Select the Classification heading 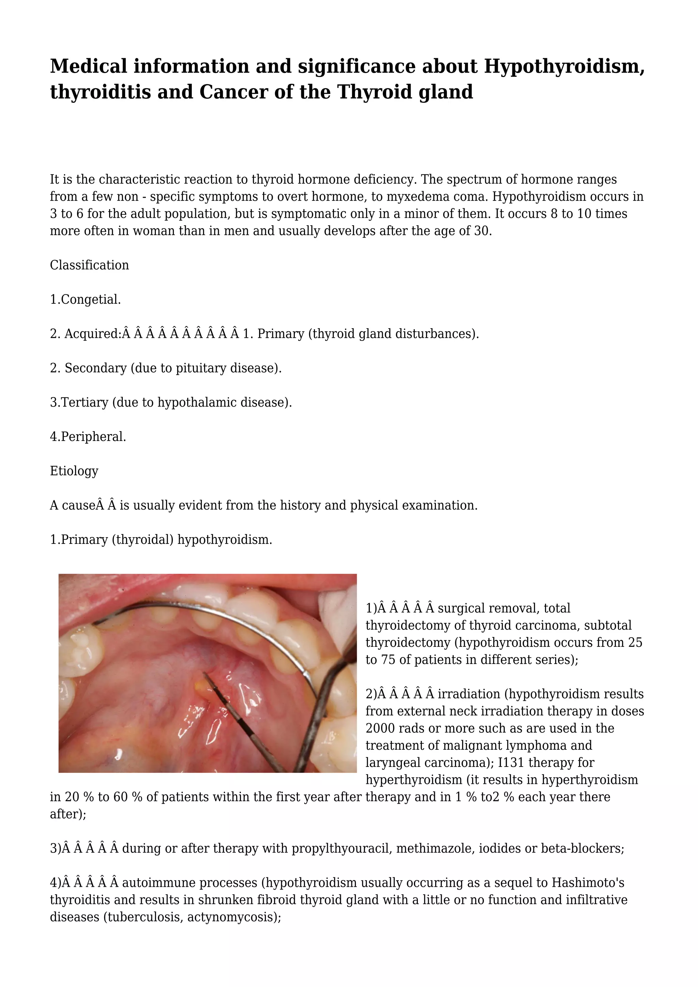pyautogui.click(x=89, y=265)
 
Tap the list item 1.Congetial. pyautogui.click(x=86, y=300)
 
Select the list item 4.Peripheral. pyautogui.click(x=88, y=437)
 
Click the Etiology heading pyautogui.click(x=74, y=471)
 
